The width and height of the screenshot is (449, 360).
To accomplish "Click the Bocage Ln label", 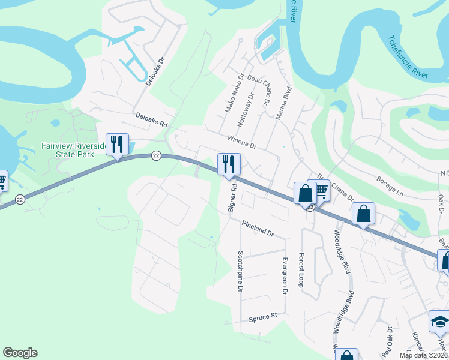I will tap(390, 185).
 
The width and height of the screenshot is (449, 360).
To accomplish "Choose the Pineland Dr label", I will tap(258, 229).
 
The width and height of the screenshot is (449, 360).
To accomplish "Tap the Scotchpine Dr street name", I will tap(240, 271).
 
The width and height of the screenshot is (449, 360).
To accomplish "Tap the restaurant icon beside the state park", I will tap(117, 145).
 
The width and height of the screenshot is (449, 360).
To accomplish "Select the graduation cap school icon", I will tap(439, 322).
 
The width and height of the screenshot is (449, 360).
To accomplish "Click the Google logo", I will tap(20, 353).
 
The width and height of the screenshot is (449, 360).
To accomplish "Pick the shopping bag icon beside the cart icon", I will tap(305, 194).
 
